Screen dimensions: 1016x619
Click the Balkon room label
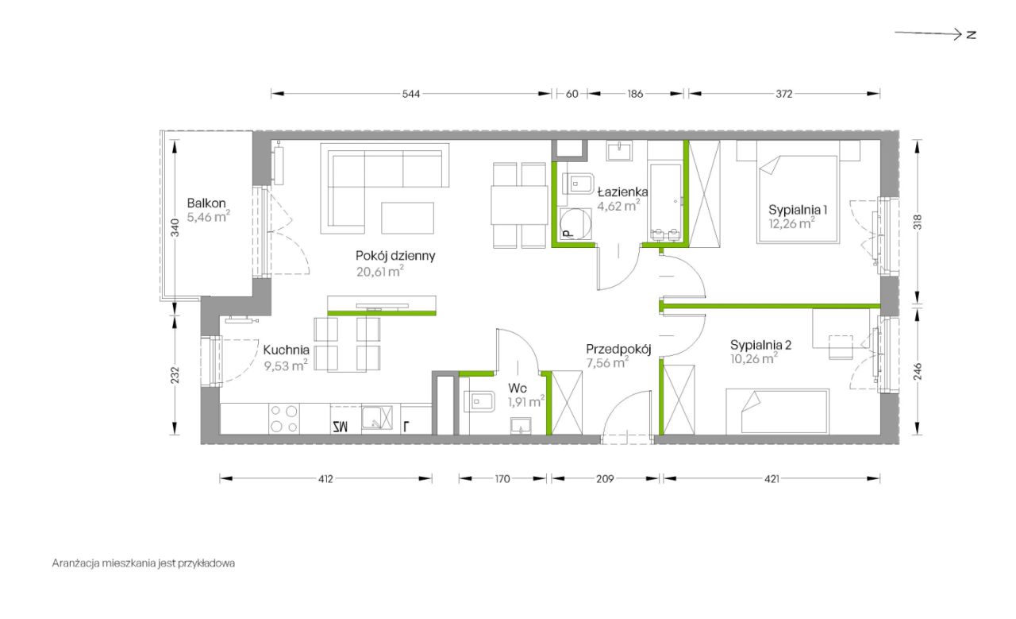tap(206, 203)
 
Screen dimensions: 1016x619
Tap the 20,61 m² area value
tap(380, 271)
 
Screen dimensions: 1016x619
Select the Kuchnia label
tap(287, 350)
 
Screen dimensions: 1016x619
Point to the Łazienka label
tap(622, 192)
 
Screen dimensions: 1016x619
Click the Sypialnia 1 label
tap(798, 210)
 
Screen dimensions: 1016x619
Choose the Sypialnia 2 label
tap(760, 345)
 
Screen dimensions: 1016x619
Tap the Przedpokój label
tap(618, 350)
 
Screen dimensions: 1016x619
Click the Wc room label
tap(518, 389)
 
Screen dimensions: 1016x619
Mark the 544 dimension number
tap(411, 94)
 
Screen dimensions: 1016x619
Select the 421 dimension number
tap(772, 478)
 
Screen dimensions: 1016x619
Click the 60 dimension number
tap(572, 94)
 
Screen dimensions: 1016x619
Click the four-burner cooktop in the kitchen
tap(284, 419)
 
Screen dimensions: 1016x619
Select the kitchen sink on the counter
tap(376, 418)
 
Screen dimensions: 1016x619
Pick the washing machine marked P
tap(576, 223)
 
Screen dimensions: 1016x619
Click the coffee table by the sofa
tap(407, 218)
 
